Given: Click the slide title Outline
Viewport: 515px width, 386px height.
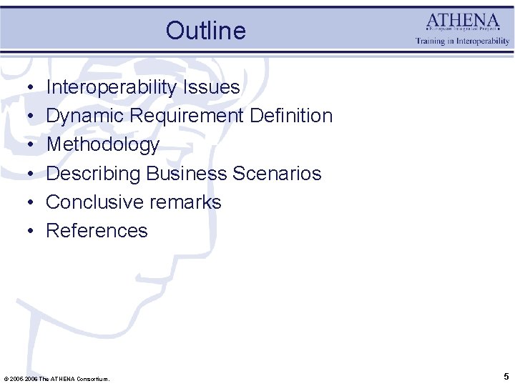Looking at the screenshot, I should (x=205, y=31).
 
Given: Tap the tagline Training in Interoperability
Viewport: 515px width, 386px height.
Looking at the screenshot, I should (x=463, y=41).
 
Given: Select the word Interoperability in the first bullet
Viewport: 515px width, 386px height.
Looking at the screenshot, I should (x=112, y=87).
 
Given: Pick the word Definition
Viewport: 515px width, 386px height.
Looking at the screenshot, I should (x=291, y=116).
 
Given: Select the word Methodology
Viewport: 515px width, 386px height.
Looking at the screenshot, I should (x=102, y=145).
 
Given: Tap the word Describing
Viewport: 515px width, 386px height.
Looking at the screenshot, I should (x=93, y=174).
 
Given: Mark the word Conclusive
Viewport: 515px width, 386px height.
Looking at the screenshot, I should (x=90, y=202).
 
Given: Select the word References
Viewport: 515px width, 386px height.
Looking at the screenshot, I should (x=97, y=231).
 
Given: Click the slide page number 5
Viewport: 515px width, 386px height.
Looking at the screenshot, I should (x=506, y=377).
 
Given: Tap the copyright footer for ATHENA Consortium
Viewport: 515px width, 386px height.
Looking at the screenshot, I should (x=57, y=379).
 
